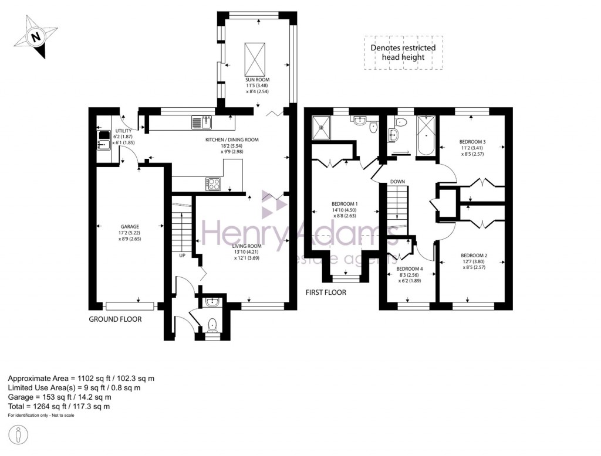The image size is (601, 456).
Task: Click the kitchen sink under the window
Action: click(201, 122)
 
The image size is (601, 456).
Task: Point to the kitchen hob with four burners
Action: click(212, 183)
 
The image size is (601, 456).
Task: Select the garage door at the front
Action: click(130, 305)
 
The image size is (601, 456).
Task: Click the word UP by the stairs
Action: click(182, 256)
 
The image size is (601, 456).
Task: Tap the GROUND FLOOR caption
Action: click(115, 319)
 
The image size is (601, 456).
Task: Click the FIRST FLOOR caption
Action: click(326, 292)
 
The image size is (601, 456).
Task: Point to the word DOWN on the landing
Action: click(397, 182)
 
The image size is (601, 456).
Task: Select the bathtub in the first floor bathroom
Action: click(426, 137)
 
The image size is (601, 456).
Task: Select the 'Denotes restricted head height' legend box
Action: click(403, 52)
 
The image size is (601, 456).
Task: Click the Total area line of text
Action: click(59, 406)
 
